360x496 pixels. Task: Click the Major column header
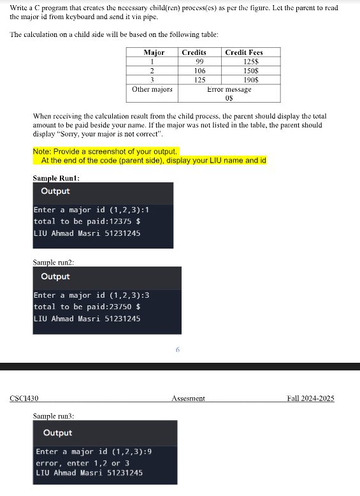coord(154,52)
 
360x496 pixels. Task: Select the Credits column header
coord(194,52)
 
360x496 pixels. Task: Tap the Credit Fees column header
coord(244,52)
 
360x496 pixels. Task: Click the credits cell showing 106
coord(199,71)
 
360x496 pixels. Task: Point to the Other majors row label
coord(152,89)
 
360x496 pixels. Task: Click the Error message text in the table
coord(229,89)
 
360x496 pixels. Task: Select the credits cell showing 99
coord(199,61)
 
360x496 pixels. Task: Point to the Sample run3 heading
coord(53,416)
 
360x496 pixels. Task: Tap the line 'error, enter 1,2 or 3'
coord(82,463)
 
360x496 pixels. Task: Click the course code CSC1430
coord(25,398)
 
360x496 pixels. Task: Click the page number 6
coord(178,349)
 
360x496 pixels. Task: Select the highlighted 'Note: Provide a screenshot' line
coord(105,152)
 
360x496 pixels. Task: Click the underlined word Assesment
coord(188,398)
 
